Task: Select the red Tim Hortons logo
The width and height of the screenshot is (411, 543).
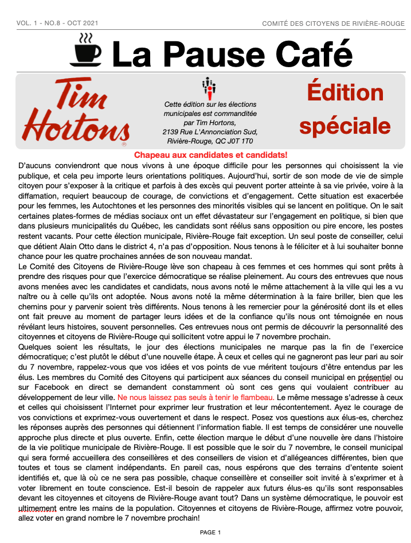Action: [75, 110]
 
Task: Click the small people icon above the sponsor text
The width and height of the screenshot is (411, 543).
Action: [209, 87]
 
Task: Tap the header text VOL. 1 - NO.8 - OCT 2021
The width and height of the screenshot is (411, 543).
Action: [58, 23]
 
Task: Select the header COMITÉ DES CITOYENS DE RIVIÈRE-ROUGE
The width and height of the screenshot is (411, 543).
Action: [333, 24]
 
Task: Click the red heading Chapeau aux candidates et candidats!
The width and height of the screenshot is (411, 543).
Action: [210, 155]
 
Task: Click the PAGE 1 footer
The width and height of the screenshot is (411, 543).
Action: [210, 533]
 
